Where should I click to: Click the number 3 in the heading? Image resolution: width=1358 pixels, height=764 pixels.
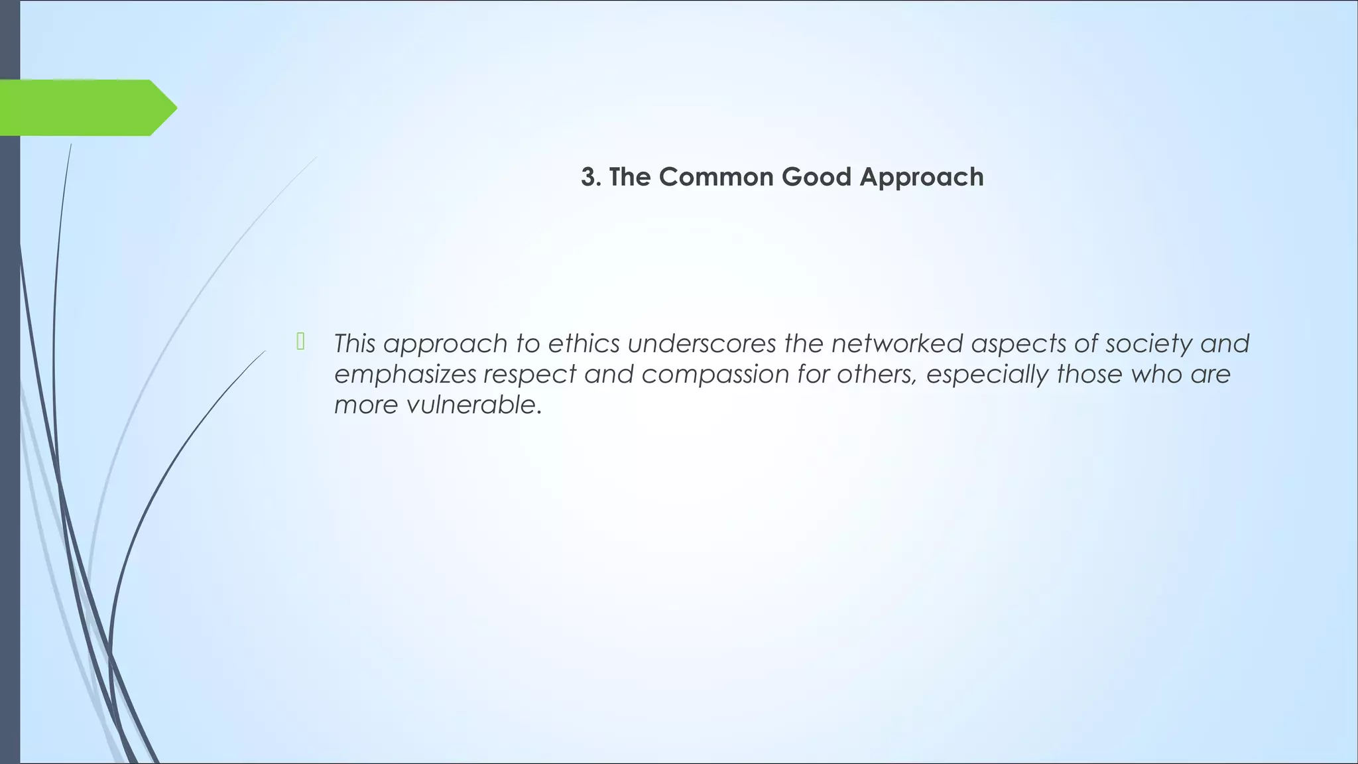pyautogui.click(x=587, y=177)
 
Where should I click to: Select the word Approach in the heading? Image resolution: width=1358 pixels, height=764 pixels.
pyautogui.click(x=922, y=177)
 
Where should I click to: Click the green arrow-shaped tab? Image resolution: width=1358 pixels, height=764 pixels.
pyautogui.click(x=80, y=107)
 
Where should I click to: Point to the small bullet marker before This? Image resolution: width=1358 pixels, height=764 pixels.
pyautogui.click(x=300, y=342)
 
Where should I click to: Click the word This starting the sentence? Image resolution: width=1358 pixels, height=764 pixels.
pyautogui.click(x=355, y=344)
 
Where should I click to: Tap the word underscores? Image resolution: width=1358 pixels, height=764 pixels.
pyautogui.click(x=702, y=344)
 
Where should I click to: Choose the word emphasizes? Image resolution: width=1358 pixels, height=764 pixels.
pyautogui.click(x=404, y=374)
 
